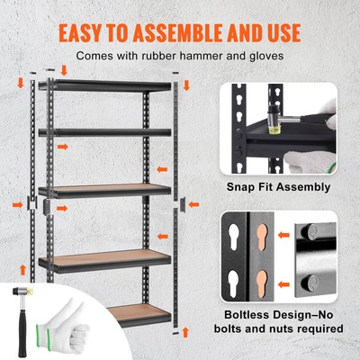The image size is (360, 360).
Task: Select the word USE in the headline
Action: click(274, 31)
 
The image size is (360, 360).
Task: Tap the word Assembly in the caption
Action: click(301, 187)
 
